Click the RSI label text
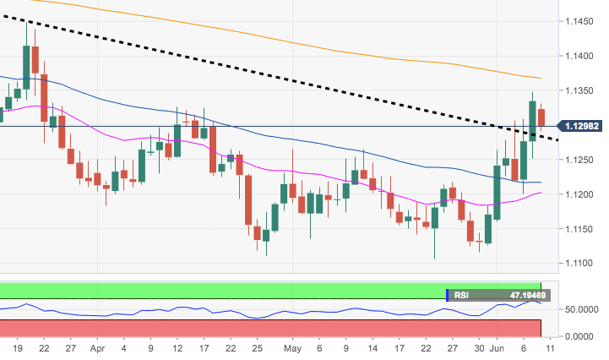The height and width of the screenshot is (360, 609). [x=461, y=296]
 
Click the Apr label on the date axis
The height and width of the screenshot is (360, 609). [x=98, y=347]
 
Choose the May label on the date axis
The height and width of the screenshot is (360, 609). [x=292, y=347]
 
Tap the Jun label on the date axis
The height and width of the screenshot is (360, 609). [x=498, y=347]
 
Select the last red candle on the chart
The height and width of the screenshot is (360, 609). [x=541, y=122]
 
